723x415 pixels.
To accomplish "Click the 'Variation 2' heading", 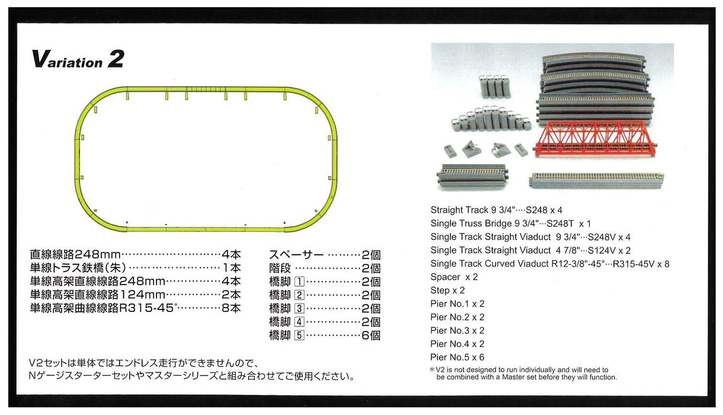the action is (78, 59).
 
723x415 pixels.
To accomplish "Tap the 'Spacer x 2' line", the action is (454, 277).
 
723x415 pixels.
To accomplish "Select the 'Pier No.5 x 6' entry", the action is (457, 357).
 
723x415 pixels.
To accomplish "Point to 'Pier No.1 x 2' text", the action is (457, 304).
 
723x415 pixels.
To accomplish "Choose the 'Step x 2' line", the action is (447, 290).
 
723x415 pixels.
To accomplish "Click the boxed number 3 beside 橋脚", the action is (299, 308).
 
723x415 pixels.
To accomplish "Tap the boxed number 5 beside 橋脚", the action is (299, 335).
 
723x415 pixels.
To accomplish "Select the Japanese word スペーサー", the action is (296, 255).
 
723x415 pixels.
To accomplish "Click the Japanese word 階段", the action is (280, 269).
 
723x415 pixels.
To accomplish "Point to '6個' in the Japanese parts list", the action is (370, 335).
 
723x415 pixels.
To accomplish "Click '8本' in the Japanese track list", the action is (231, 308).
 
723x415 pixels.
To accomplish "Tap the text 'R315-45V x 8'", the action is (641, 264).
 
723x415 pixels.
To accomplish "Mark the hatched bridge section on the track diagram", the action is (206, 89).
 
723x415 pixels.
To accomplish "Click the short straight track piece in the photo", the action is (472, 177).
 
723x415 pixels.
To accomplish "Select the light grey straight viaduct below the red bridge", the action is (596, 180).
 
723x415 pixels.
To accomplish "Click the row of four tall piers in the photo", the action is (494, 87).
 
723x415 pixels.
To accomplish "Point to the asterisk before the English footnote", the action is (432, 369).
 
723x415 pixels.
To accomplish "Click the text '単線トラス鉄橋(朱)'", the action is (78, 268).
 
